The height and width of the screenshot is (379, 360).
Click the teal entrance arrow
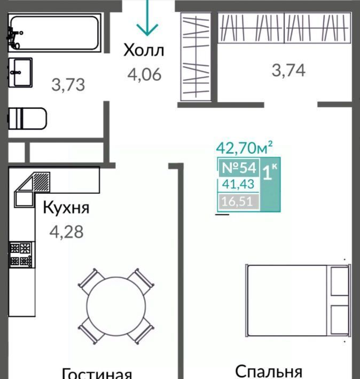(x=147, y=18)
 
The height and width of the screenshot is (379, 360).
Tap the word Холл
(x=144, y=50)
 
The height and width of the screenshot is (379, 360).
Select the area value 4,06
(x=144, y=74)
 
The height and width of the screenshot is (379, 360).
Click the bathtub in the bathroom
(x=54, y=33)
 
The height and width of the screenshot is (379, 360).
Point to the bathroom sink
(x=20, y=72)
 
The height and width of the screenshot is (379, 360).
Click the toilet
(x=27, y=119)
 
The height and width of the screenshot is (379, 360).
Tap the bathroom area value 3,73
(x=68, y=85)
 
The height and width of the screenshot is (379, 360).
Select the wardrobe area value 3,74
(x=288, y=70)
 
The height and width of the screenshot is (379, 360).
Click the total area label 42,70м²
(x=244, y=148)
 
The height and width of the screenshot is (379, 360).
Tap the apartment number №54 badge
(x=239, y=167)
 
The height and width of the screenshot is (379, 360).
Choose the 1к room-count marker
(x=270, y=172)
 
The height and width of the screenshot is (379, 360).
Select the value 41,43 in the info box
(x=238, y=184)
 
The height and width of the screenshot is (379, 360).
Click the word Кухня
(x=66, y=208)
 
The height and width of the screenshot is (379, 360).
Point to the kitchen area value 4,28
(x=66, y=232)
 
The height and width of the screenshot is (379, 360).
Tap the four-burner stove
(x=21, y=255)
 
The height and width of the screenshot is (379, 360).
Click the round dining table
(x=116, y=306)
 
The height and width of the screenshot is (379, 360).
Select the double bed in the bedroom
(x=298, y=301)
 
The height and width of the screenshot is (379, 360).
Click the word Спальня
(x=269, y=372)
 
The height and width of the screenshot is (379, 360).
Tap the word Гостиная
(x=97, y=374)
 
